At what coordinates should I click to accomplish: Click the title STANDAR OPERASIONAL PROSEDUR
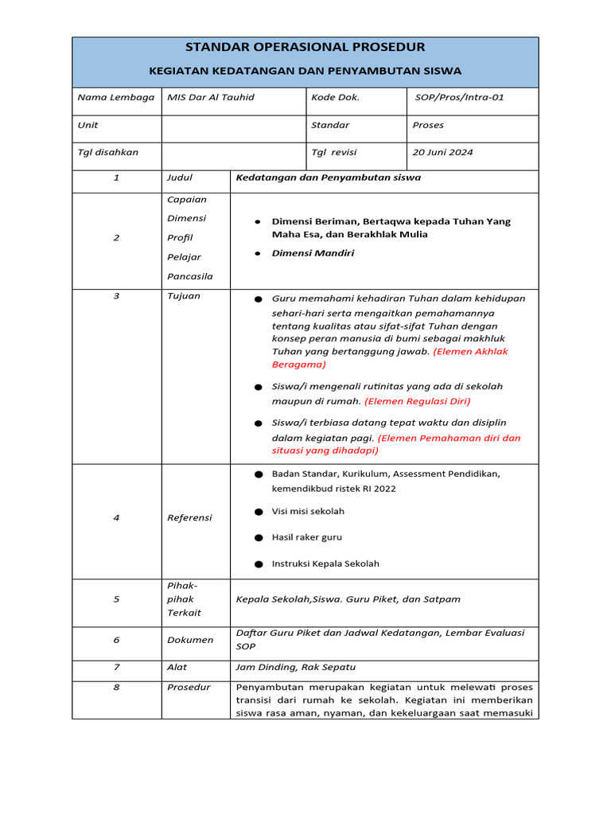(x=305, y=47)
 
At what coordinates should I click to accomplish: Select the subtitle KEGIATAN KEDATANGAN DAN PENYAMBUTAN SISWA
(x=305, y=71)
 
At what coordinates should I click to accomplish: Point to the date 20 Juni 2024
(x=442, y=153)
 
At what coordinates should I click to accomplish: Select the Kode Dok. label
(x=335, y=98)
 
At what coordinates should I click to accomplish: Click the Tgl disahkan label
(x=107, y=153)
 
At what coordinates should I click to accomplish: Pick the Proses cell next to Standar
(x=428, y=125)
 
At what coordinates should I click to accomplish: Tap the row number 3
(x=116, y=296)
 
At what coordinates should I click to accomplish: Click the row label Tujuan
(x=183, y=296)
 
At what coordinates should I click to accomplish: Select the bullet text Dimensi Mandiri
(x=313, y=253)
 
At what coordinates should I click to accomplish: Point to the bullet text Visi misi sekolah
(x=308, y=511)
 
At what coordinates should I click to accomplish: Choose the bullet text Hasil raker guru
(x=306, y=537)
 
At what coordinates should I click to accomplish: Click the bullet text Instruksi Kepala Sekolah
(x=325, y=563)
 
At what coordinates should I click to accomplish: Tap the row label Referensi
(x=189, y=517)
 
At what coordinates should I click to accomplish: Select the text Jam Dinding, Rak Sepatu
(x=289, y=667)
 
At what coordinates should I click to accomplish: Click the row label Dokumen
(x=189, y=640)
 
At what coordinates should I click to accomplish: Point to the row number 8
(x=116, y=687)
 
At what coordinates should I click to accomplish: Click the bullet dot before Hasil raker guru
(x=259, y=538)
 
